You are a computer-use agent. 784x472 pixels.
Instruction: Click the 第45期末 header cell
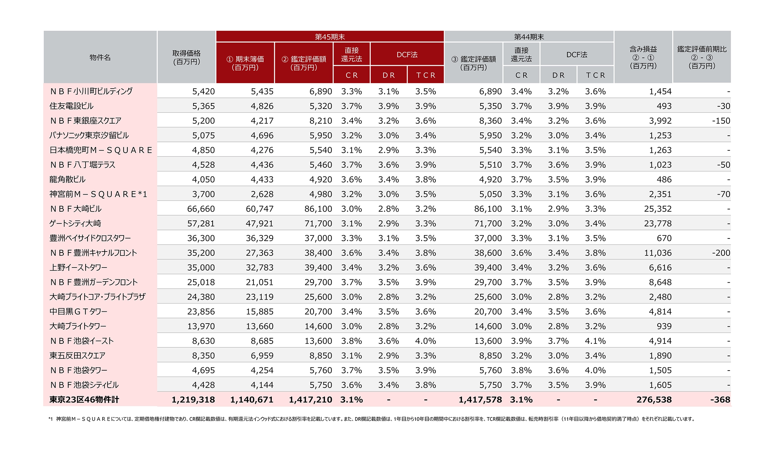click(330, 37)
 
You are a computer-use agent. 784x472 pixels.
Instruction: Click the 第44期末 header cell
click(529, 37)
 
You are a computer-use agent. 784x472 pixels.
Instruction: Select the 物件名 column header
click(100, 57)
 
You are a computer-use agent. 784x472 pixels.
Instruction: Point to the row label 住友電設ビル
click(72, 106)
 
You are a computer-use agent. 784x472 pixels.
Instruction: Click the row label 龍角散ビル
click(67, 179)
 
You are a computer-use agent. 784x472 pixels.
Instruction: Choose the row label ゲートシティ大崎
click(75, 223)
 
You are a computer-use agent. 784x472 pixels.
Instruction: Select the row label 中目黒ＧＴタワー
click(78, 311)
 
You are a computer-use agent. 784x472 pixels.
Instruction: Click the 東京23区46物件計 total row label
click(84, 399)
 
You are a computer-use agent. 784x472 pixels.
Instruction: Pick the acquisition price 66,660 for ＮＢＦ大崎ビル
click(201, 209)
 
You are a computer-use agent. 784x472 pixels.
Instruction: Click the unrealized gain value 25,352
click(658, 209)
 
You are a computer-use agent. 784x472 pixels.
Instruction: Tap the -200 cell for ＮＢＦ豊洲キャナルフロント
click(721, 253)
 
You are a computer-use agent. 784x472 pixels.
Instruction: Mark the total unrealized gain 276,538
click(654, 399)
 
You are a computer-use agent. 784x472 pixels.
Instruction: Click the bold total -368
click(720, 399)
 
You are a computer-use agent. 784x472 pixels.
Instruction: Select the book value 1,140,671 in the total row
click(252, 399)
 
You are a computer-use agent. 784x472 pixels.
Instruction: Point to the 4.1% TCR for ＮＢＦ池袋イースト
click(595, 341)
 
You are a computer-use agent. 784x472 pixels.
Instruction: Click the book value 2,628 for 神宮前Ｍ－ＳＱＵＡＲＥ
click(262, 194)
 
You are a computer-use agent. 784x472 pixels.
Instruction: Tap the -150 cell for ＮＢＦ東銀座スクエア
click(721, 121)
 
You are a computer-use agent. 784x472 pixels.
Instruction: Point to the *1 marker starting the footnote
click(50, 419)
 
